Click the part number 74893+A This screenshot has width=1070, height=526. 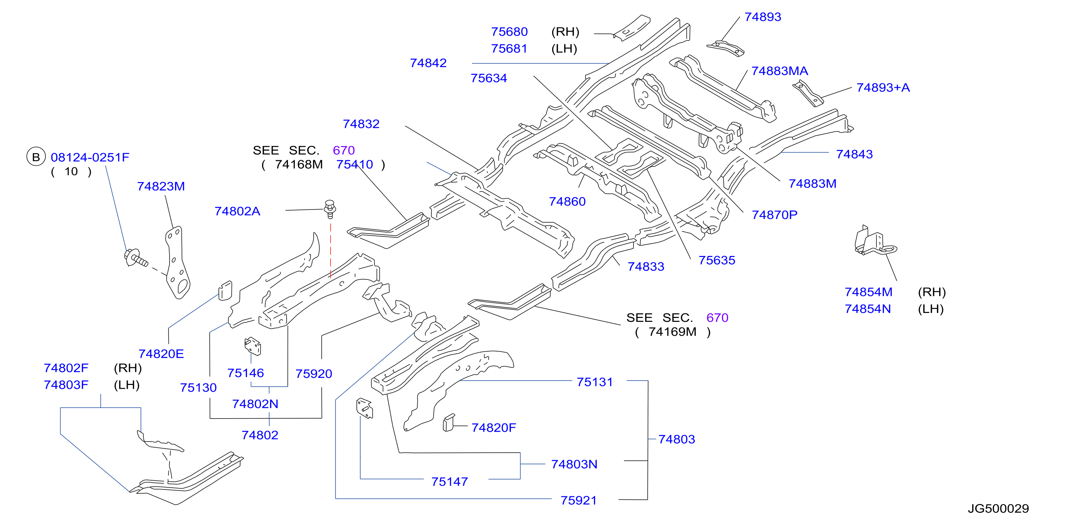tap(883, 88)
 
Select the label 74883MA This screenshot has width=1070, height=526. tap(780, 71)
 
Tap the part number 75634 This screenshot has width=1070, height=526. tap(488, 78)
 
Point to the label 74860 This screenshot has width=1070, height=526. tap(567, 201)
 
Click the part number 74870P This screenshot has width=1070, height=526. tap(775, 215)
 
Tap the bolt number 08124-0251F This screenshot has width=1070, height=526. tap(90, 157)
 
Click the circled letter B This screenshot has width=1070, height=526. tap(36, 157)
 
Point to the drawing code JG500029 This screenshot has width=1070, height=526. tap(998, 509)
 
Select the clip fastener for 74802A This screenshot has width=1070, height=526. tap(330, 209)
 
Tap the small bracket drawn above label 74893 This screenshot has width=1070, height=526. tap(725, 48)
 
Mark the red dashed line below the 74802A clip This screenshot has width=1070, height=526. tap(331, 251)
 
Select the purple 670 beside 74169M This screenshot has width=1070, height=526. tap(717, 318)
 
